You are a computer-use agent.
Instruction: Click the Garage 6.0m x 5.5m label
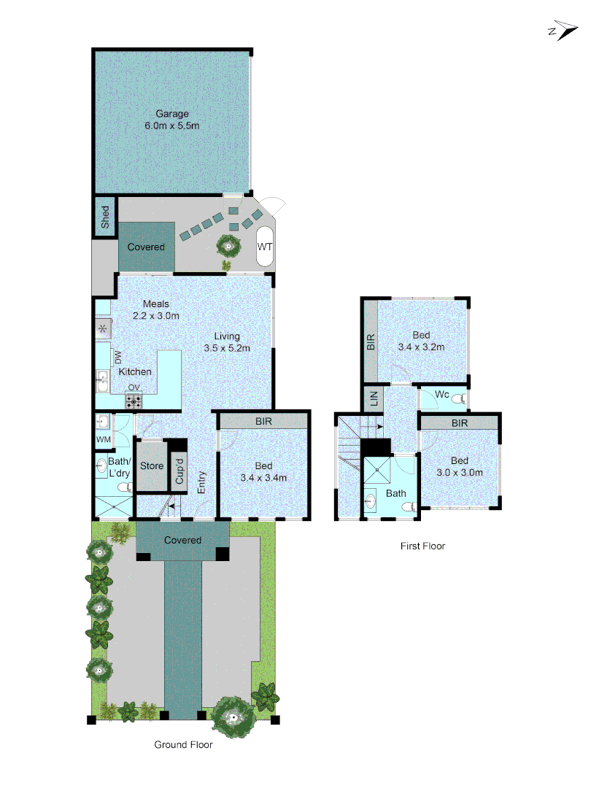pyautogui.click(x=171, y=120)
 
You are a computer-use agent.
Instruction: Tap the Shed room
pyautogui.click(x=105, y=217)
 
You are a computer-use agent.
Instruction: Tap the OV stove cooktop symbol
pyautogui.click(x=134, y=400)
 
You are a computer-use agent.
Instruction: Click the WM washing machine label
pyautogui.click(x=103, y=440)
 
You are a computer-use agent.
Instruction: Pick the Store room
pyautogui.click(x=151, y=466)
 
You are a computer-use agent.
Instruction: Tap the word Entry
pyautogui.click(x=202, y=481)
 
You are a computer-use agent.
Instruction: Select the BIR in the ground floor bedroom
pyautogui.click(x=263, y=422)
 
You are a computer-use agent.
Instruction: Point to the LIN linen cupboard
pyautogui.click(x=374, y=398)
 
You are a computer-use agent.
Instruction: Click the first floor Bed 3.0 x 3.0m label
pyautogui.click(x=459, y=466)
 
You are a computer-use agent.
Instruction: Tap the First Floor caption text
pyautogui.click(x=422, y=546)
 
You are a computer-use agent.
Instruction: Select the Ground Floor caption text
pyautogui.click(x=183, y=744)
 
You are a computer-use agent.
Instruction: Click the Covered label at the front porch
pyautogui.click(x=182, y=540)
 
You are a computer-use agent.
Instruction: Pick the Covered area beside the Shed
pyautogui.click(x=147, y=247)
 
